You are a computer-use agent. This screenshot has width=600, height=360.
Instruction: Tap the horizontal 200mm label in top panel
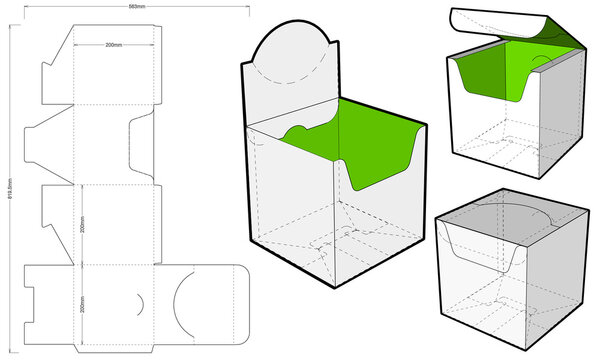(x=115, y=46)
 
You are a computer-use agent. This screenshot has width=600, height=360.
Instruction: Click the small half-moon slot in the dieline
(x=141, y=301)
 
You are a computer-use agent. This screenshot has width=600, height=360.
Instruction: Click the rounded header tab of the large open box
(x=290, y=50)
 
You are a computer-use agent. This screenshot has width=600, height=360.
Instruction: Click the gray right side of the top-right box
(x=568, y=115)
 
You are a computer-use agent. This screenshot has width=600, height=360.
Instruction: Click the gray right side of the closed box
(x=560, y=280)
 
